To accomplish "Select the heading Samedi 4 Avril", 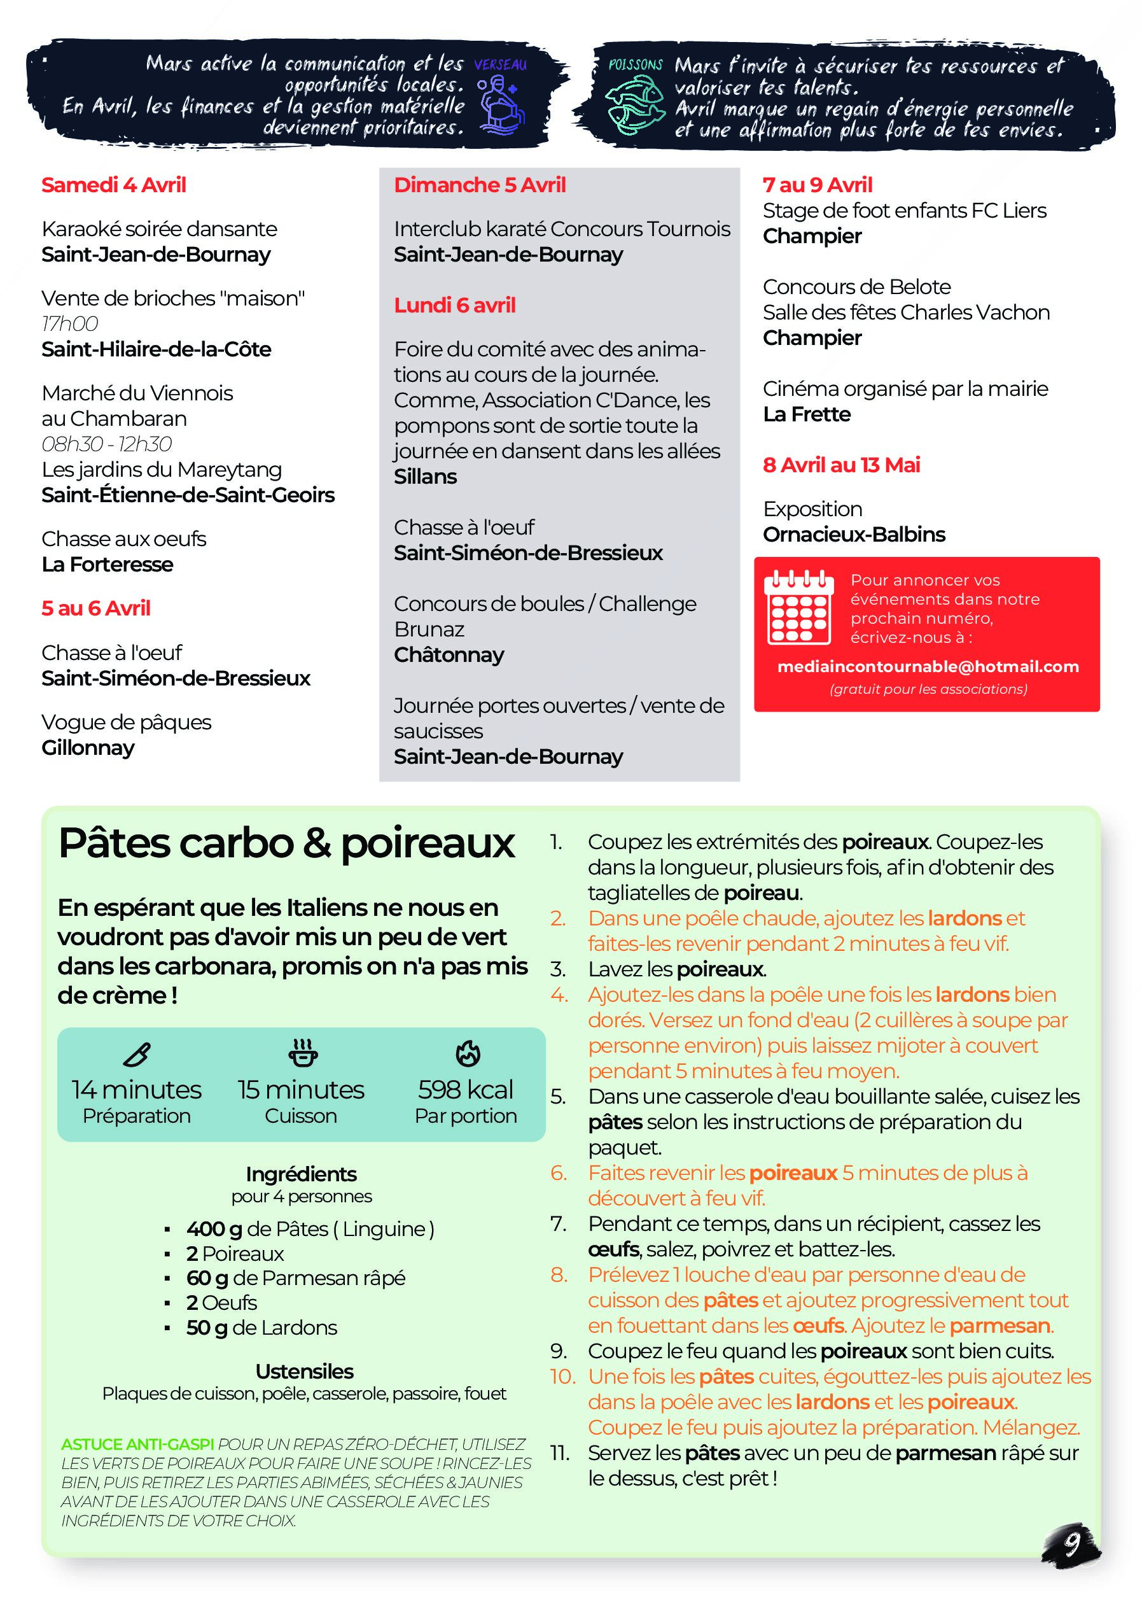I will click(113, 185).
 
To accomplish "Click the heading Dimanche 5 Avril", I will click(480, 185).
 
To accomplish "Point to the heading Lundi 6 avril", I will click(454, 306).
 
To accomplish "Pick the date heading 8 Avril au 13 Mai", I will click(841, 465).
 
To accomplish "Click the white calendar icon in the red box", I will click(799, 607).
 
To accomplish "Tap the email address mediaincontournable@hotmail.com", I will click(928, 666).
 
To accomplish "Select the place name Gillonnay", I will click(88, 748).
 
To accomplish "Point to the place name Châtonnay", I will click(449, 655).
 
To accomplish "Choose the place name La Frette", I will click(807, 414).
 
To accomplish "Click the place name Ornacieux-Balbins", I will click(854, 535).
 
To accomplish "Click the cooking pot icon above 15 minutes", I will click(303, 1053).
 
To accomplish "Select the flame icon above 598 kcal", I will click(468, 1053).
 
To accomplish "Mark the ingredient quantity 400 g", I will click(214, 1228).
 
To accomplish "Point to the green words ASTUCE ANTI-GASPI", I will click(137, 1444).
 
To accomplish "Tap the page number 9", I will click(1071, 1543).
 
